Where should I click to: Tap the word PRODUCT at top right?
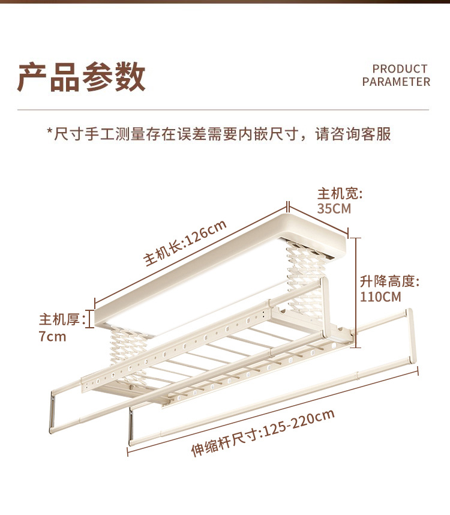(400, 69)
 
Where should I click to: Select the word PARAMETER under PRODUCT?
(396, 82)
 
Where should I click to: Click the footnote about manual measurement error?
(219, 133)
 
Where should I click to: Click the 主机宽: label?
(340, 194)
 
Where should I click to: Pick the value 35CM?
(334, 209)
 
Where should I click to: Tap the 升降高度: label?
(389, 281)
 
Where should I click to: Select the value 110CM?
(380, 296)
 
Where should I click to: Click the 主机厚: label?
(60, 319)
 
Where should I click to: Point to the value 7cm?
(52, 336)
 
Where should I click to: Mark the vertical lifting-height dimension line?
(357, 292)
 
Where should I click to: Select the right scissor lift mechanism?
(305, 270)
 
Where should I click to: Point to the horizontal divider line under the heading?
(223, 110)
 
